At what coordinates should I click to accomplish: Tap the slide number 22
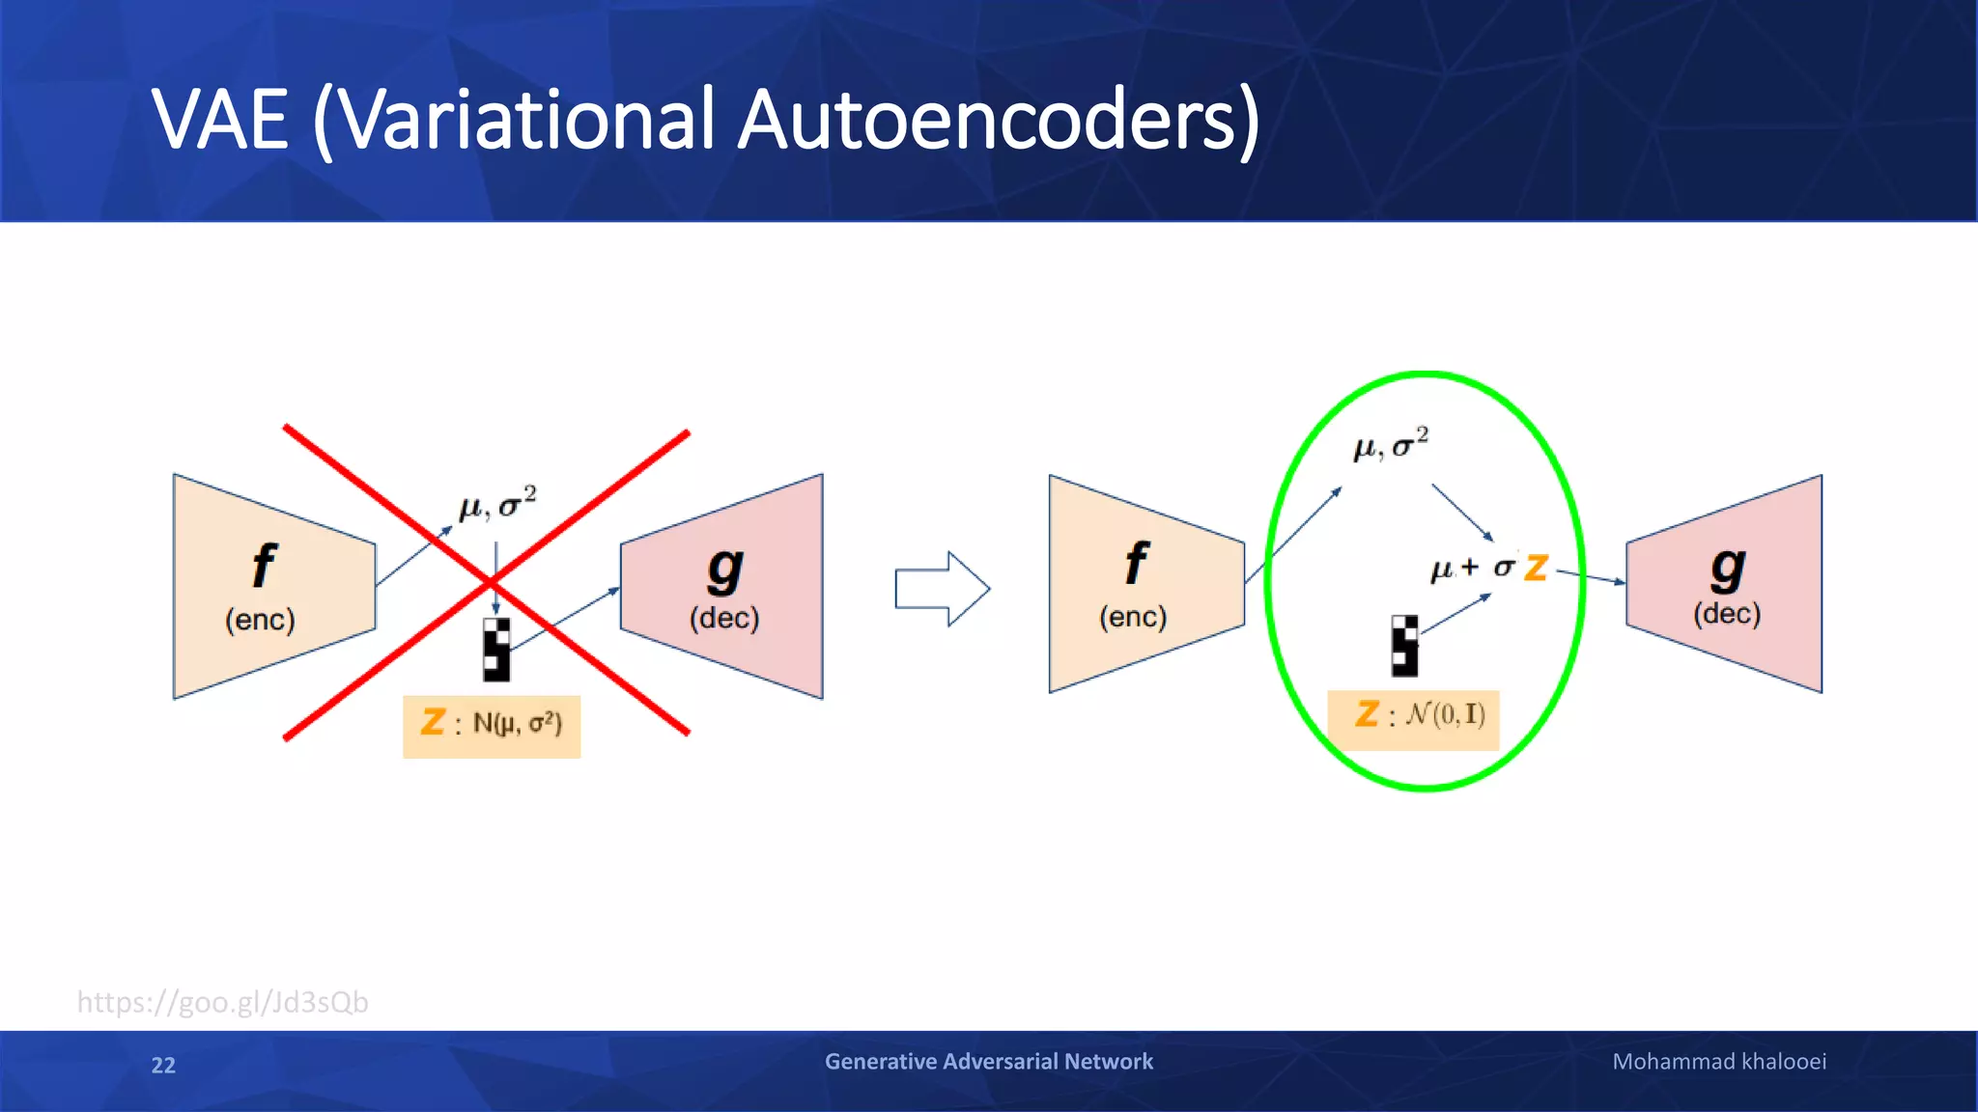(163, 1065)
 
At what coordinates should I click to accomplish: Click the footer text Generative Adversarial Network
(988, 1061)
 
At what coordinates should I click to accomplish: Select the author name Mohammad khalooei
(1718, 1061)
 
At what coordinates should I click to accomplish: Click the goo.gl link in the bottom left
(222, 1002)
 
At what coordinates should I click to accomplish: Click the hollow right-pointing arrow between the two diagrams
(942, 589)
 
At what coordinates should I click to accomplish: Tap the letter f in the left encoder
(263, 566)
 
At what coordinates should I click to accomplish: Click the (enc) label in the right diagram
(1133, 616)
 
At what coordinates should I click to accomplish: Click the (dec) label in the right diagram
(1726, 613)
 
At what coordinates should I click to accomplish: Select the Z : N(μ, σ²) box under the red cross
(492, 725)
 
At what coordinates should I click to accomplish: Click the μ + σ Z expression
(1488, 568)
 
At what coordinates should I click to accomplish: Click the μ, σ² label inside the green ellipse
(1391, 444)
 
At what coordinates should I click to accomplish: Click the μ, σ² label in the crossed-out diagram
(497, 504)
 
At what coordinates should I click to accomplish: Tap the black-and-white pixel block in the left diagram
(496, 650)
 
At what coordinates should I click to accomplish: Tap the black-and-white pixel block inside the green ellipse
(1404, 645)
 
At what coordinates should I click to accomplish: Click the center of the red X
(490, 583)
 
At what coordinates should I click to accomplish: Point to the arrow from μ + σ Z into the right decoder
(1590, 577)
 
